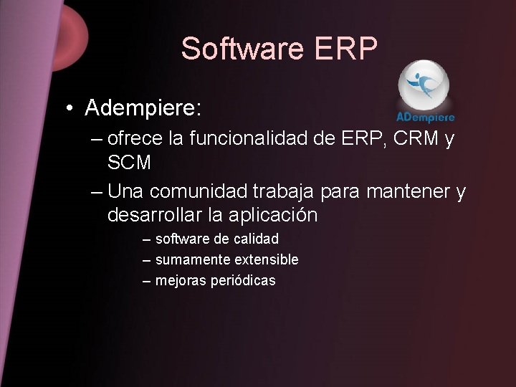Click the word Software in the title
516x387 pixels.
tap(242, 49)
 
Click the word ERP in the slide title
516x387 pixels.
tap(345, 49)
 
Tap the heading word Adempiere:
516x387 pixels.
tap(143, 109)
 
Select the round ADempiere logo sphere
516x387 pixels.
tap(424, 85)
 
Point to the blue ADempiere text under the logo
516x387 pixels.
tap(426, 117)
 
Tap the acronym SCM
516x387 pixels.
tap(129, 163)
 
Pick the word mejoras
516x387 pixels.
tap(181, 281)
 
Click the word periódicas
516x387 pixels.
tap(243, 281)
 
